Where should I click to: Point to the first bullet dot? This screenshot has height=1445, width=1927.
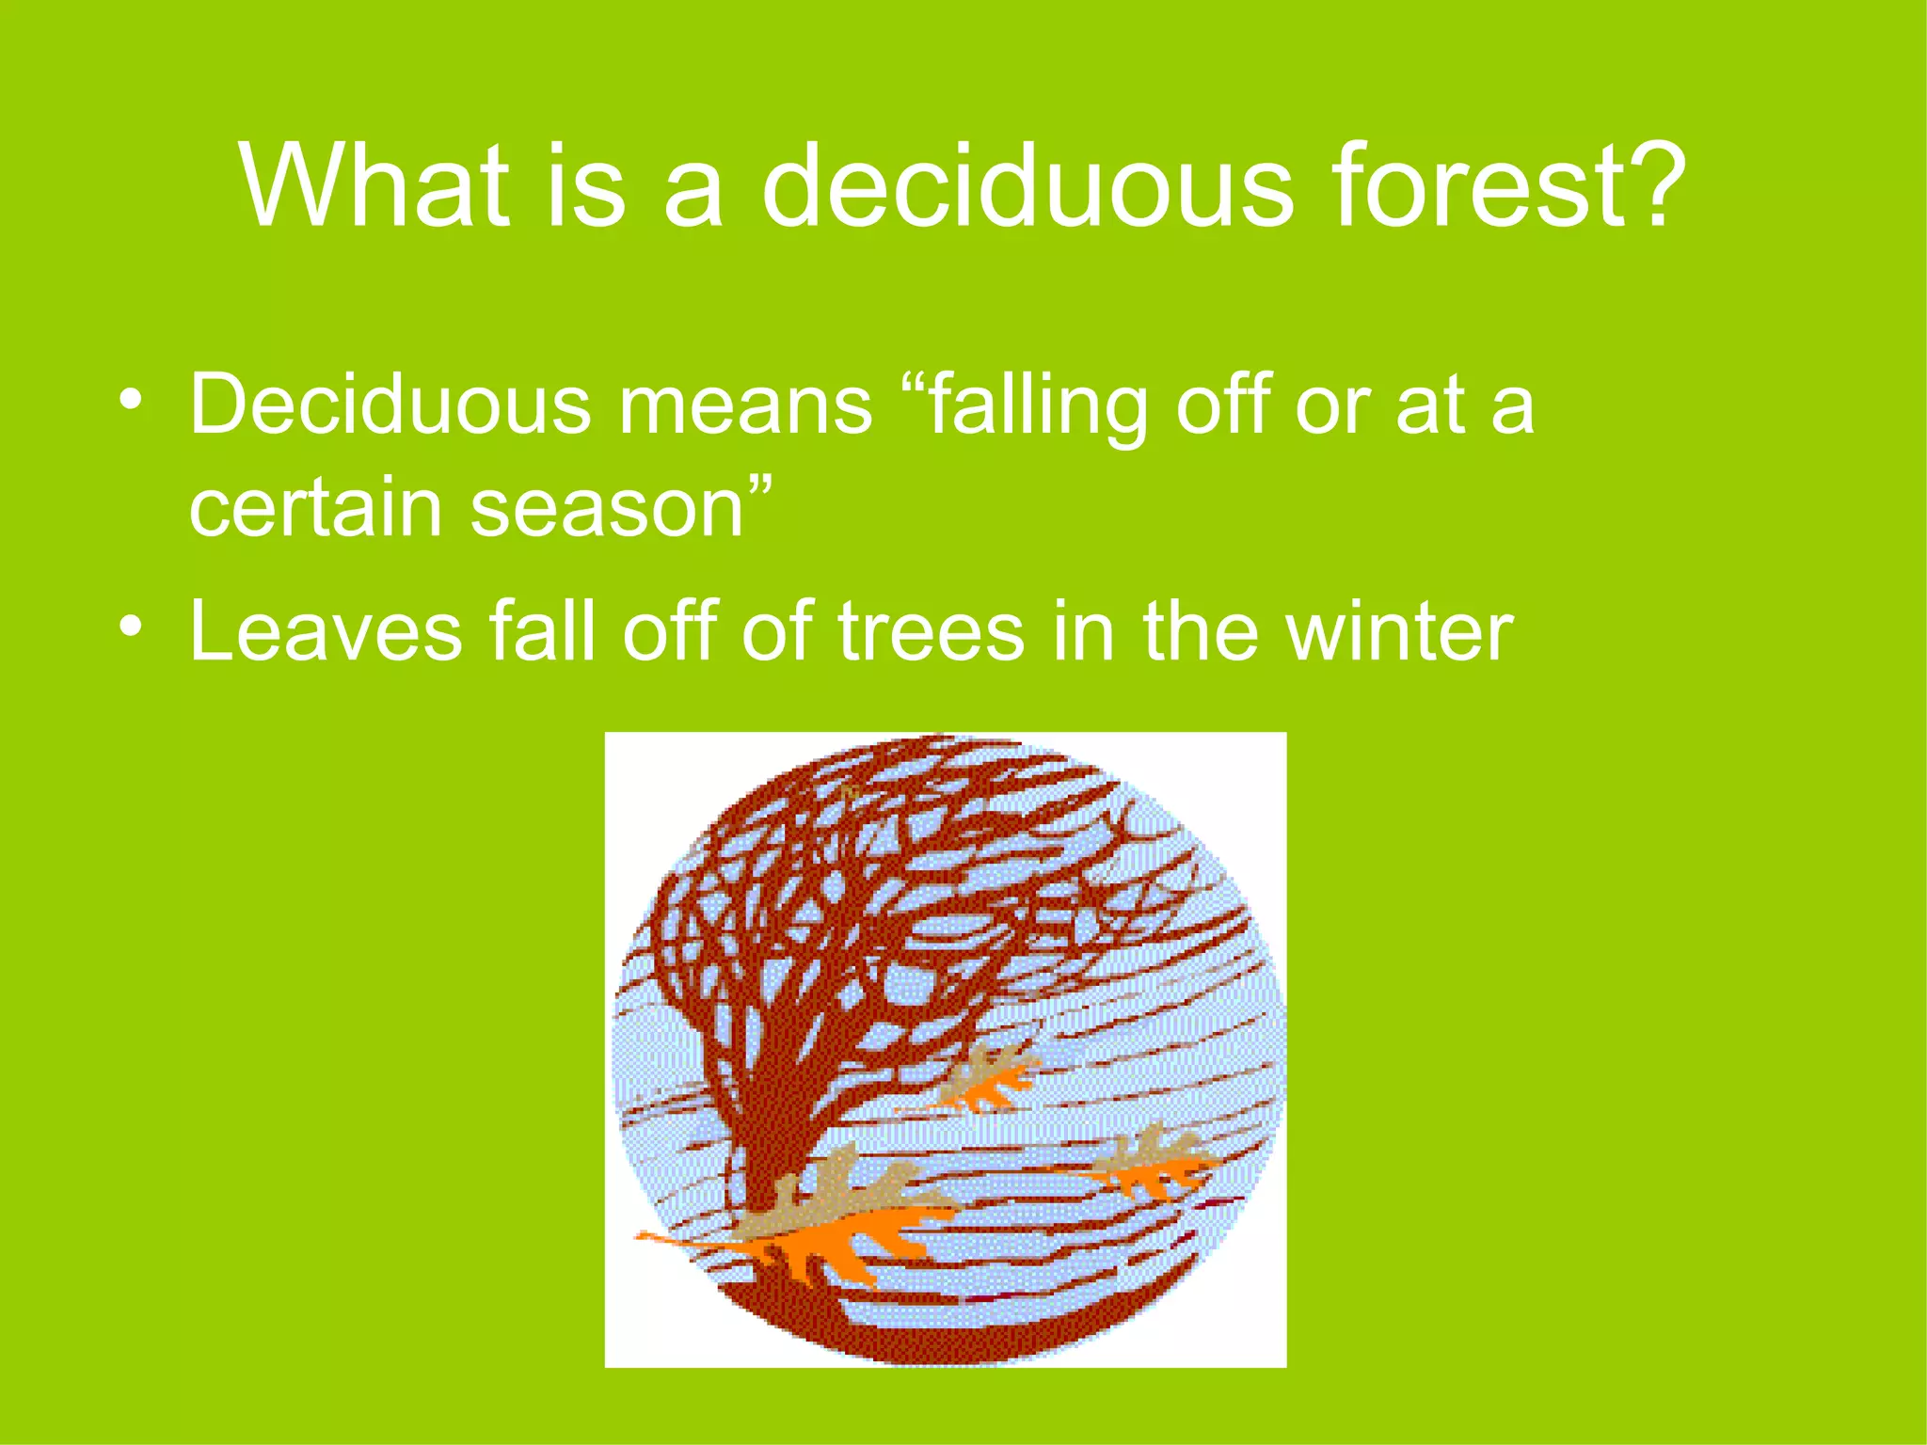(132, 400)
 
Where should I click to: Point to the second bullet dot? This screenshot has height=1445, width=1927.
(132, 626)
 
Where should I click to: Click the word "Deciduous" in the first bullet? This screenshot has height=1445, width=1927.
(390, 406)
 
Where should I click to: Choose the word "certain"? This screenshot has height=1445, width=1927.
(315, 510)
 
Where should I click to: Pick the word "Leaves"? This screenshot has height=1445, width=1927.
(326, 632)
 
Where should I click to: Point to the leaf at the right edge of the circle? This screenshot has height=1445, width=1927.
(1153, 1167)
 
